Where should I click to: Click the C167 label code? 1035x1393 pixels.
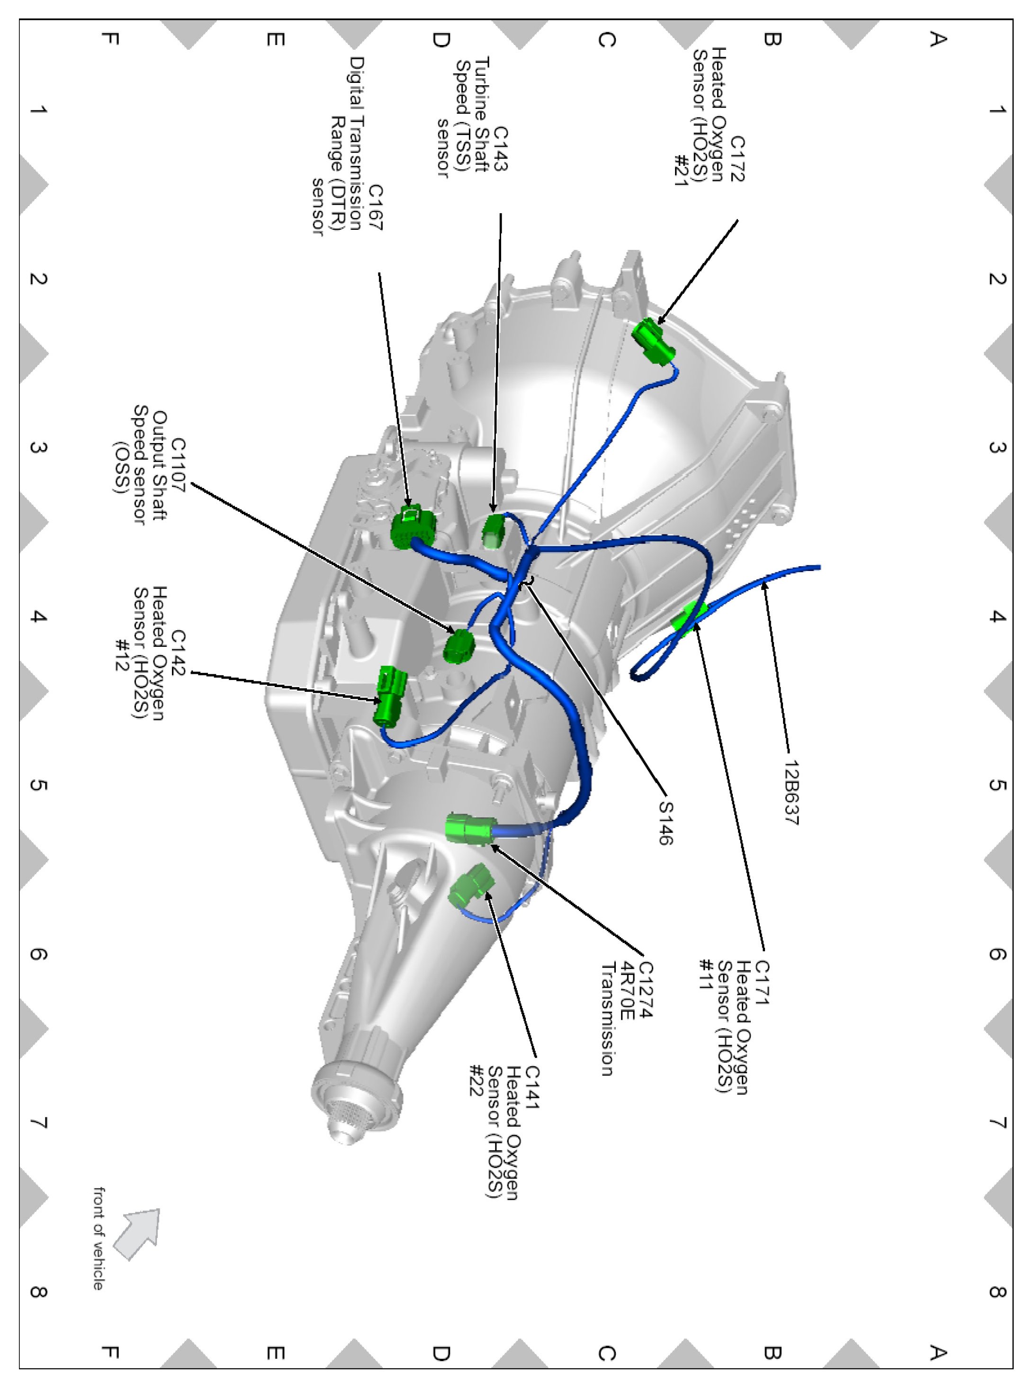(x=375, y=207)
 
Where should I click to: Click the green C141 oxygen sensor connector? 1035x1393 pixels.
(x=471, y=884)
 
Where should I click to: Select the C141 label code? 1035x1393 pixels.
(x=531, y=1087)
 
